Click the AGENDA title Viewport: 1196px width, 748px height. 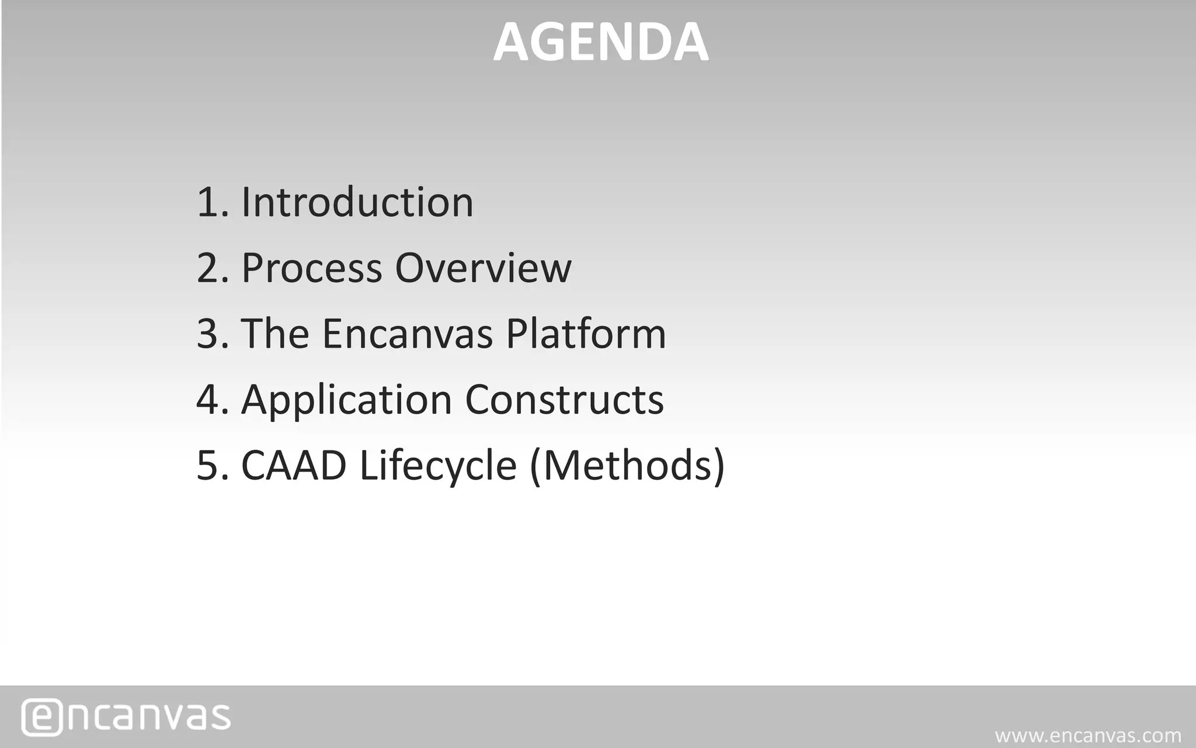(601, 42)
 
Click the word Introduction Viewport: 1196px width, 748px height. (357, 202)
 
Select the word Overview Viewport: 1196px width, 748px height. (483, 268)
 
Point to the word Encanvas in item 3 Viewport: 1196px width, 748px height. (408, 334)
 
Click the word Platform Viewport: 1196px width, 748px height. (586, 334)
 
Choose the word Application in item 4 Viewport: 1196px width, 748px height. (346, 400)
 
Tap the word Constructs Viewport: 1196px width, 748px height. (564, 400)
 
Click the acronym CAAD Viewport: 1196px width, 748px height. (294, 466)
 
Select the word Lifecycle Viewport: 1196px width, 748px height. (438, 466)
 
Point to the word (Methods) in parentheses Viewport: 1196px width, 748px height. (627, 466)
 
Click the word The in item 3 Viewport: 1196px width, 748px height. (274, 334)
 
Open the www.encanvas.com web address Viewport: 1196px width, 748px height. (1088, 736)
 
